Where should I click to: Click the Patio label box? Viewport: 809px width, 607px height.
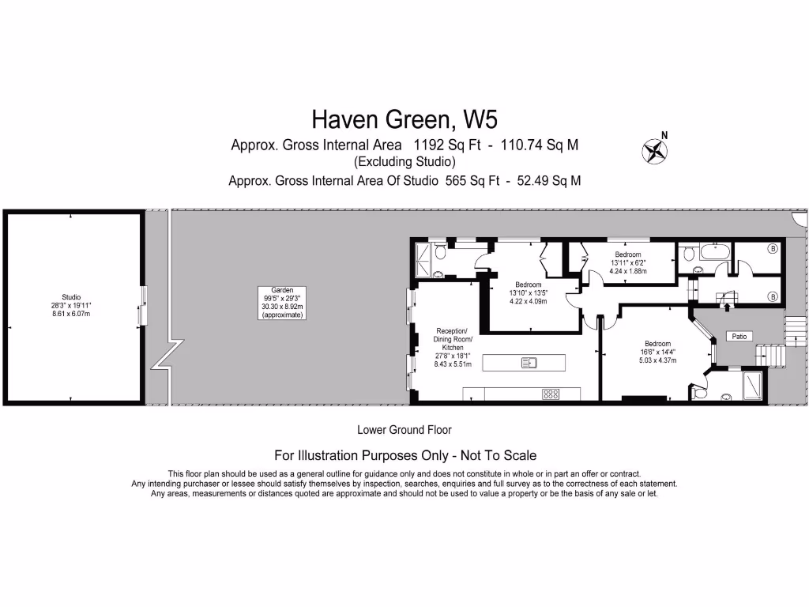[x=739, y=336]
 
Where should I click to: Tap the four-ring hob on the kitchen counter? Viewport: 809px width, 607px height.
[x=551, y=393]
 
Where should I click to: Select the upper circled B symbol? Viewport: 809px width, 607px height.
[x=773, y=248]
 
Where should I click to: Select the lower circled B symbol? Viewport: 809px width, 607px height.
[x=773, y=296]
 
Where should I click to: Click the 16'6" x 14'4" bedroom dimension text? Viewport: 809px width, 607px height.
[x=657, y=352]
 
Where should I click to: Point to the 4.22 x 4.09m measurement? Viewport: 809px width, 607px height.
[x=529, y=301]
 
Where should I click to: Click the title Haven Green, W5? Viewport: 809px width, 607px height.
[x=404, y=119]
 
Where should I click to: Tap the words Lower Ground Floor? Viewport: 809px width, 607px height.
[x=404, y=431]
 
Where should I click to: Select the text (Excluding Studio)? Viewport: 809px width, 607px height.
[x=404, y=162]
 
